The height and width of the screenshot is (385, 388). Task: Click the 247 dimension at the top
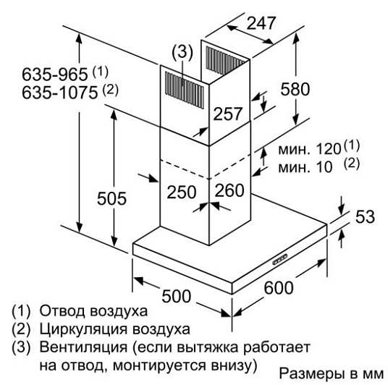click(x=261, y=23)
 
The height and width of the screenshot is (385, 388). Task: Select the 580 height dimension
click(x=295, y=89)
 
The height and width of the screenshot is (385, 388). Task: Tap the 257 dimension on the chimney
click(x=227, y=114)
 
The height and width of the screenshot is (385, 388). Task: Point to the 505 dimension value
click(x=111, y=198)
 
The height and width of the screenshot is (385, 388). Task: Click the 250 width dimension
click(x=182, y=192)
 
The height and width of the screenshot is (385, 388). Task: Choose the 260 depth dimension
click(x=229, y=190)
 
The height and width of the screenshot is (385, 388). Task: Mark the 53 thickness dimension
click(x=365, y=217)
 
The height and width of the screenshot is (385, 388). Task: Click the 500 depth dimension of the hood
click(x=177, y=296)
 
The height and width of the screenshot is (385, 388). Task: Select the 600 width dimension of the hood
click(x=279, y=288)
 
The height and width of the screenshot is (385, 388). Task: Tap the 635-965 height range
click(x=55, y=74)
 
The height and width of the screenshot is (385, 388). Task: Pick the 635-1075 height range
click(x=60, y=93)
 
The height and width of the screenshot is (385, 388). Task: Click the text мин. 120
click(x=310, y=149)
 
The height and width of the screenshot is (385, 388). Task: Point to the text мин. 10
click(x=305, y=167)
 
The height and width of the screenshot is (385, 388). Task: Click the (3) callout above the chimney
click(x=182, y=53)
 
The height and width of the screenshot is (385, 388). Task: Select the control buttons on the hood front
click(x=280, y=259)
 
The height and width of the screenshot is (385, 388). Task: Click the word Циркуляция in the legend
click(x=83, y=329)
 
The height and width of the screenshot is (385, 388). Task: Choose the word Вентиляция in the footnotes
click(x=83, y=347)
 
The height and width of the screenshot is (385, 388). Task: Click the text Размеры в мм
click(x=332, y=373)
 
